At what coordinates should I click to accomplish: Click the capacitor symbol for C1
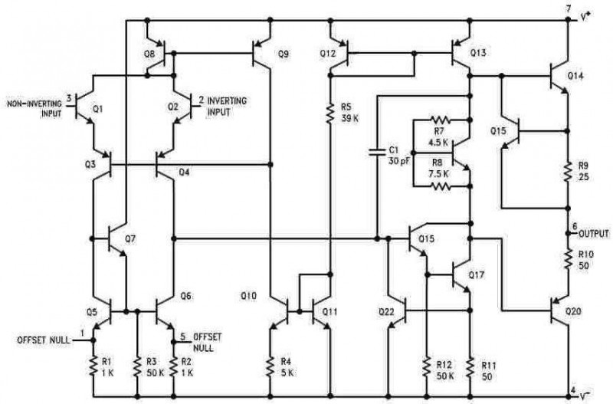pyautogui.click(x=377, y=152)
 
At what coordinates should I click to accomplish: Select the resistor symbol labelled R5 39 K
pyautogui.click(x=331, y=113)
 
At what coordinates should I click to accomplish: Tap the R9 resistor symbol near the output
pyautogui.click(x=568, y=170)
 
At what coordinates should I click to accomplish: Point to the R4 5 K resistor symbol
pyautogui.click(x=270, y=366)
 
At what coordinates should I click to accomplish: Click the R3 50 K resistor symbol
pyautogui.click(x=137, y=366)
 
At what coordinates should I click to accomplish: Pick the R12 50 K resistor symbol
pyautogui.click(x=427, y=366)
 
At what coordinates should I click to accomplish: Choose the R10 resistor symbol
pyautogui.click(x=568, y=258)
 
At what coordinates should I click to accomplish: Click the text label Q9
pyautogui.click(x=283, y=54)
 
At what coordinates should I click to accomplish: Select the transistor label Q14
pyautogui.click(x=575, y=76)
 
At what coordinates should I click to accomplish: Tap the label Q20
pyautogui.click(x=573, y=312)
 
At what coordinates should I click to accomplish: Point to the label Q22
pyautogui.click(x=387, y=312)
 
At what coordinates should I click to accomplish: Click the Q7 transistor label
pyautogui.click(x=130, y=238)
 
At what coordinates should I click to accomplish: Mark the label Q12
pyautogui.click(x=328, y=53)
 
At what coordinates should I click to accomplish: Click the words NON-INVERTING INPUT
pyautogui.click(x=34, y=109)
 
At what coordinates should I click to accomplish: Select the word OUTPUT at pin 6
pyautogui.click(x=594, y=234)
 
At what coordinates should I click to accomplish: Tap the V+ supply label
pyautogui.click(x=585, y=17)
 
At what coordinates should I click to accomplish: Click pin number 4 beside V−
pyautogui.click(x=572, y=390)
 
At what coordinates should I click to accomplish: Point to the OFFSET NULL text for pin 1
pyautogui.click(x=44, y=340)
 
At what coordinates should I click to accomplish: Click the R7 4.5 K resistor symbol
pyautogui.click(x=440, y=120)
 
